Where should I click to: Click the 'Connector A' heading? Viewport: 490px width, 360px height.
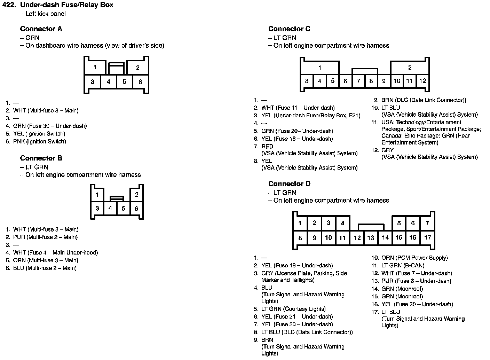[41, 29]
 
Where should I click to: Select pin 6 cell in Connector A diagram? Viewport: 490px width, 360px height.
[140, 82]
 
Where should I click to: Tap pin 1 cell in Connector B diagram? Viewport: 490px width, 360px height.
[97, 195]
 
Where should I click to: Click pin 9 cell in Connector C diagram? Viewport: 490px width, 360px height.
[384, 81]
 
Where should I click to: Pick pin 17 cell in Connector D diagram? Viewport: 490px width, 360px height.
[427, 237]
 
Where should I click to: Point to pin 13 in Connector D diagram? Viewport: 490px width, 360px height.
[371, 238]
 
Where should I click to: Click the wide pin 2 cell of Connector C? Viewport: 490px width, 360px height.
[410, 68]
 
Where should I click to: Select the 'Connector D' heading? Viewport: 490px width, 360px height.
[289, 184]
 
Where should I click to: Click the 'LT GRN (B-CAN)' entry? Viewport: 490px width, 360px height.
[403, 265]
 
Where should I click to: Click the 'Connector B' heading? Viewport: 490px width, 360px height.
[41, 158]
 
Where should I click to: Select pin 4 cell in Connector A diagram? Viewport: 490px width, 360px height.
[109, 82]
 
